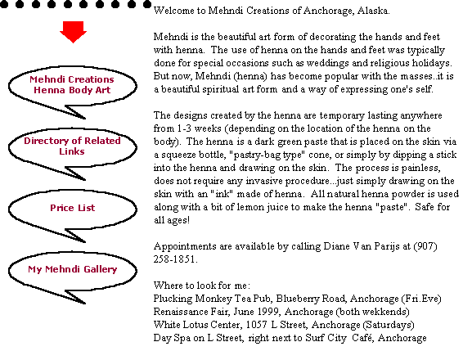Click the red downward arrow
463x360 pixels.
(73, 32)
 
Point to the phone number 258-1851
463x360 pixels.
(175, 259)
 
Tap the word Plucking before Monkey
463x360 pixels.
(173, 299)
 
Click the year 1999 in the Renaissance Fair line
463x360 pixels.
(269, 312)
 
